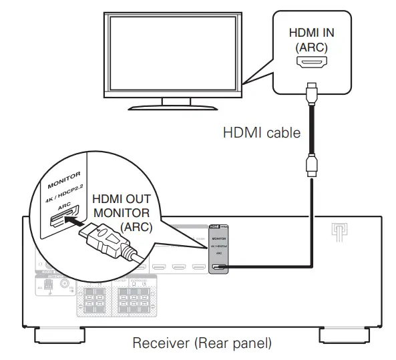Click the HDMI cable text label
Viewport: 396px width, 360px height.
click(x=261, y=133)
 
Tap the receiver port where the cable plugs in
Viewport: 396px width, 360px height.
click(x=218, y=268)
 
